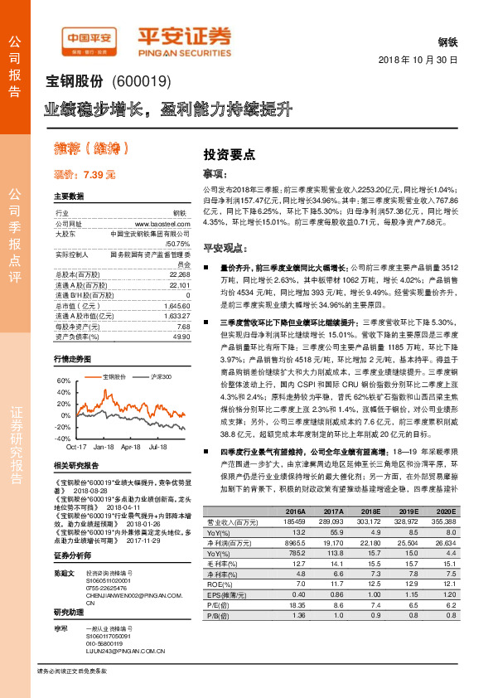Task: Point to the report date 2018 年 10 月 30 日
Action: tap(418, 61)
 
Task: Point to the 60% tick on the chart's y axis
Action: tap(61, 380)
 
